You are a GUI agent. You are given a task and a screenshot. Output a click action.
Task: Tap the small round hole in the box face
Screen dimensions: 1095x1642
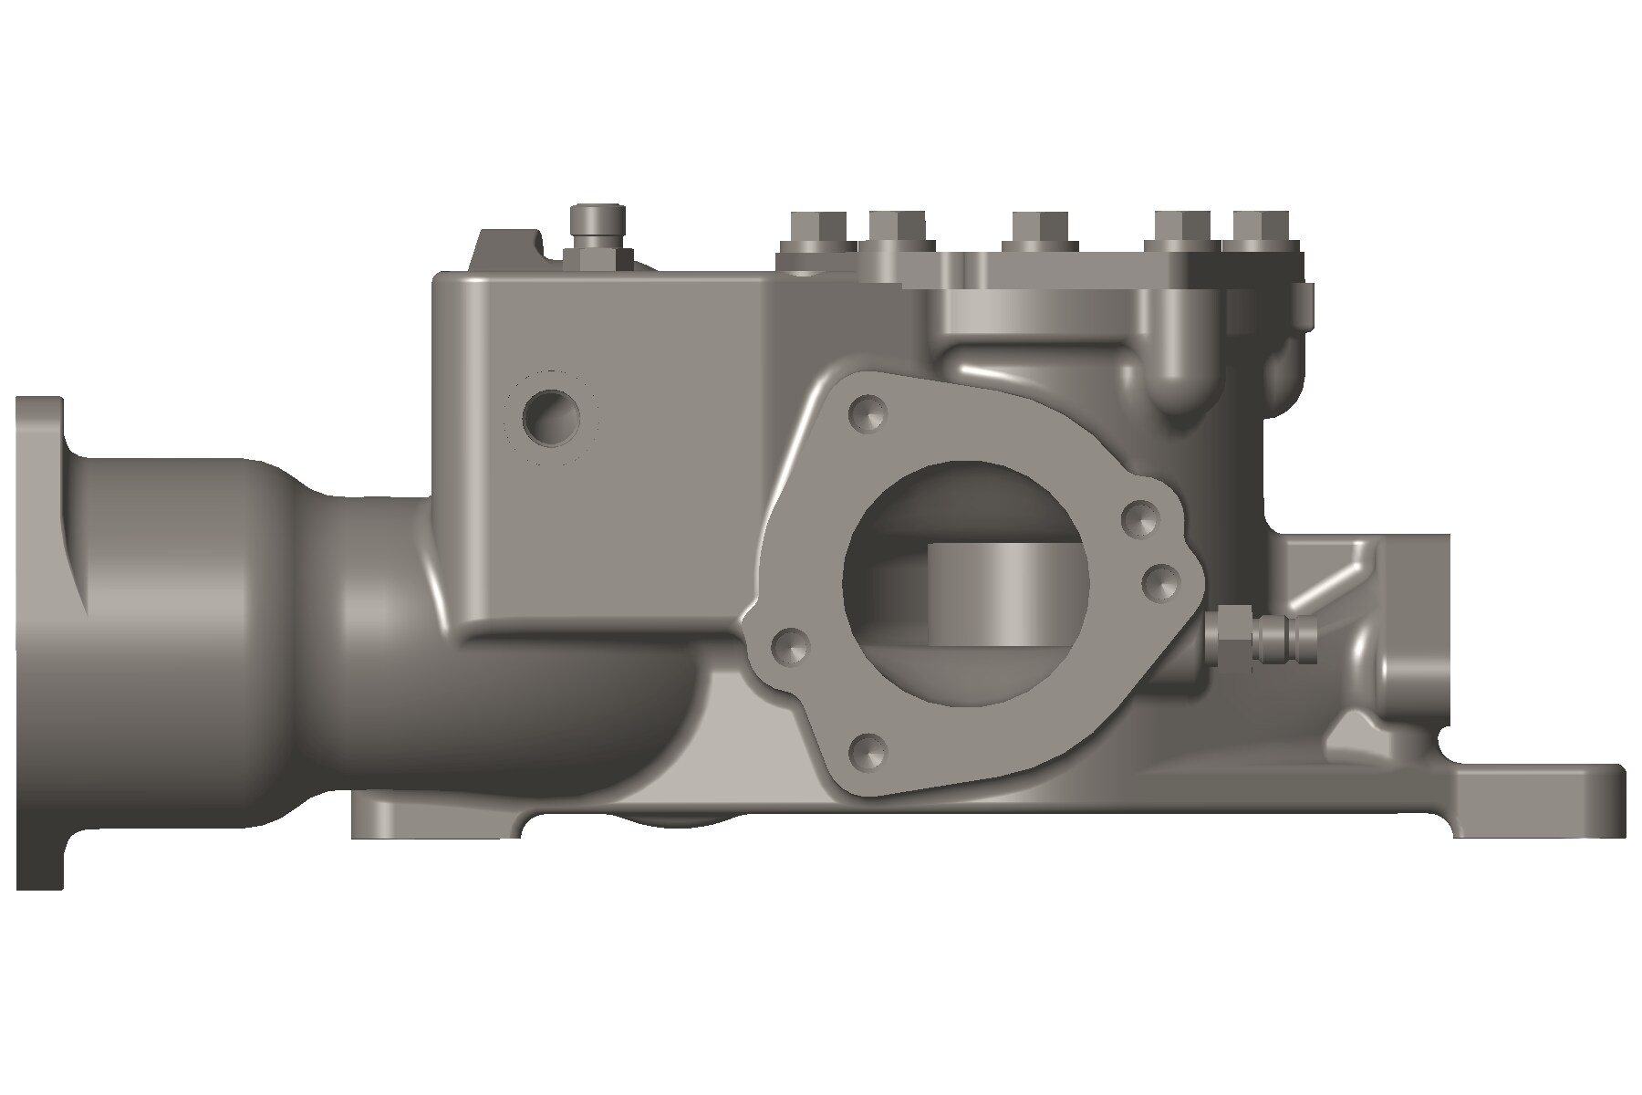pos(551,418)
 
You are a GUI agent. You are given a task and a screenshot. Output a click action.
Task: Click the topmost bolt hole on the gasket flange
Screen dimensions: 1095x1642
pos(866,413)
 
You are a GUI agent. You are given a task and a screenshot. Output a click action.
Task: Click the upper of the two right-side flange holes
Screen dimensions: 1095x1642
pos(1140,519)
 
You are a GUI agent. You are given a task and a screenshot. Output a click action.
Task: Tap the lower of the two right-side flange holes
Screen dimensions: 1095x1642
pos(1162,581)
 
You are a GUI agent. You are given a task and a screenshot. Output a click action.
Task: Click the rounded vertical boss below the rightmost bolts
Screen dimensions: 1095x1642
pos(1186,365)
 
